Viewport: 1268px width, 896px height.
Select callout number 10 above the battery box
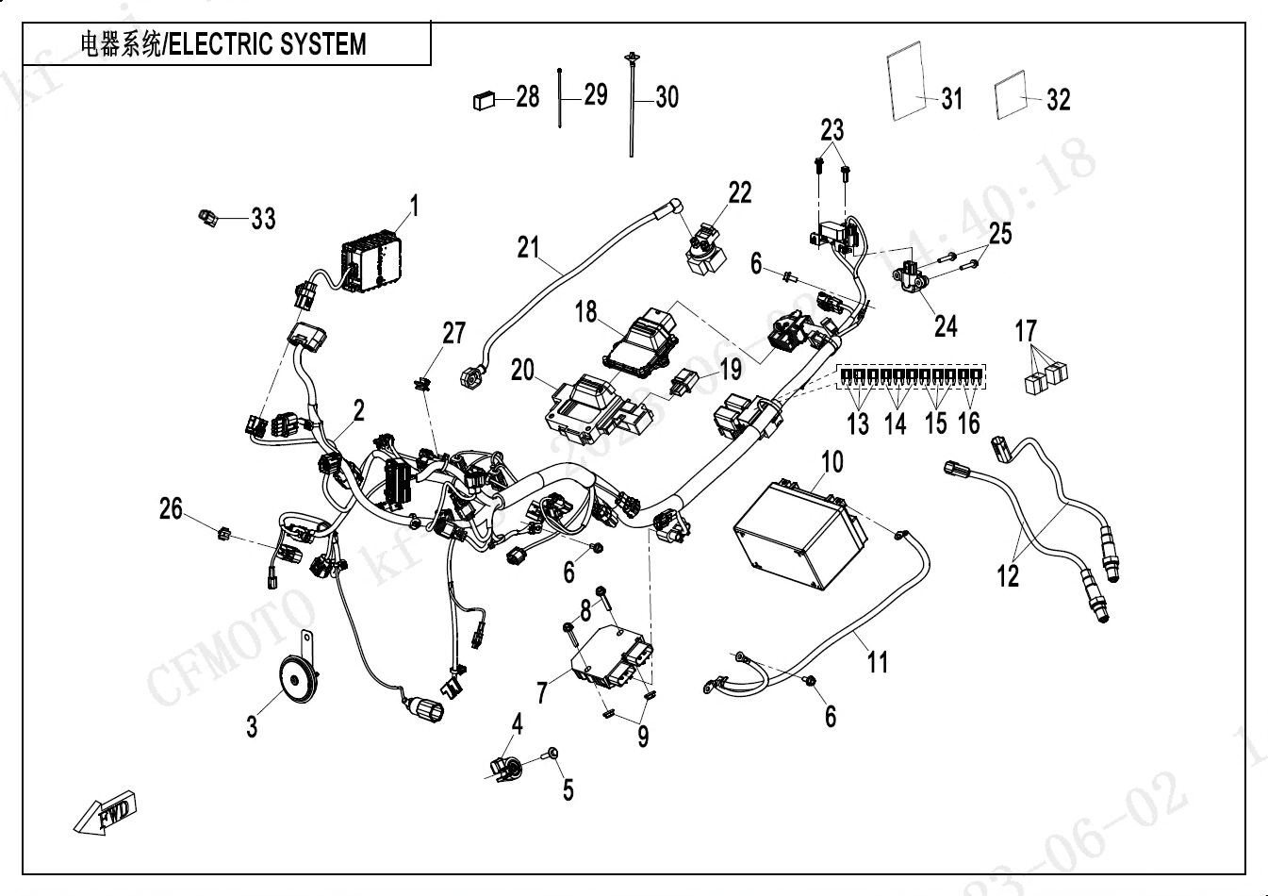click(x=832, y=462)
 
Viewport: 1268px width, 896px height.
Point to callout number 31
click(x=952, y=98)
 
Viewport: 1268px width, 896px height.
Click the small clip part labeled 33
click(x=206, y=219)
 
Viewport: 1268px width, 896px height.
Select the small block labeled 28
click(x=484, y=97)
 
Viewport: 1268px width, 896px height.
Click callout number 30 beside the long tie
click(x=667, y=96)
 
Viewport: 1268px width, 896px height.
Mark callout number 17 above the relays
click(x=1026, y=331)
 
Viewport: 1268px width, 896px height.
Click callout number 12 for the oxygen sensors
click(x=1008, y=575)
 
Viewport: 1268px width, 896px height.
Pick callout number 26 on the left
click(x=171, y=509)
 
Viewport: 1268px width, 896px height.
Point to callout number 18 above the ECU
click(x=587, y=311)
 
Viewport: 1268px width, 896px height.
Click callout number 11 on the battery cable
click(x=878, y=662)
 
